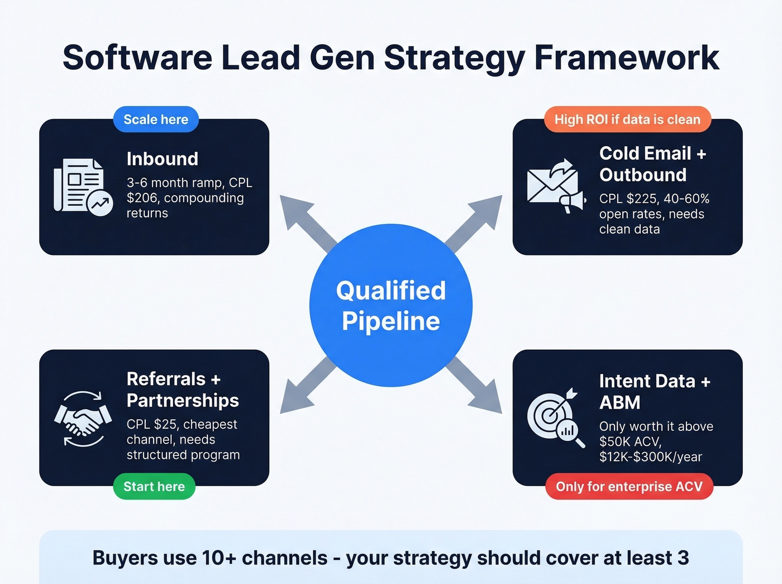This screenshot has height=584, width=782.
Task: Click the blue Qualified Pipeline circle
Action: pos(391,305)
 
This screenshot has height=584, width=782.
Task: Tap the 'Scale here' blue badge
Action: pos(156,120)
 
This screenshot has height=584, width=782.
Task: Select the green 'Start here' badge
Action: pos(154,487)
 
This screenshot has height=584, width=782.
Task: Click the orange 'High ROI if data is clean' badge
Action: pos(627,120)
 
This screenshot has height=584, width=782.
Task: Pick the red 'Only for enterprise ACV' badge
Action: pos(629,487)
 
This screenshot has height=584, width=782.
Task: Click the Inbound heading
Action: pos(163,159)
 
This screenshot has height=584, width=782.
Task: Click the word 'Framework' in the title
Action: pos(627,58)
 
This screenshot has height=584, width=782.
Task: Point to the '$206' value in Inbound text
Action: pos(142,198)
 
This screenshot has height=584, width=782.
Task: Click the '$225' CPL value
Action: pos(640,199)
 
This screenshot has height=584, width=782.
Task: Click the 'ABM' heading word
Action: pos(620,403)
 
